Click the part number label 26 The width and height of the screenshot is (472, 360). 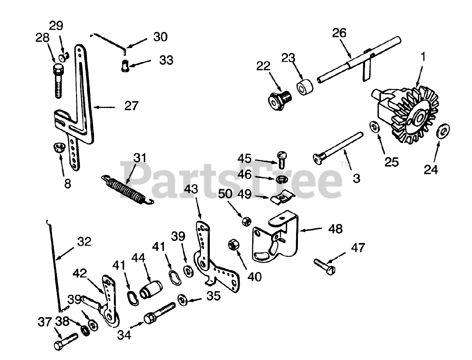tap(339, 33)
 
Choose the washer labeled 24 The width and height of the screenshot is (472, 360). tap(441, 132)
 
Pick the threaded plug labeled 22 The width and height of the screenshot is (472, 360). tap(280, 99)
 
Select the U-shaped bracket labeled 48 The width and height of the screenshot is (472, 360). tap(275, 238)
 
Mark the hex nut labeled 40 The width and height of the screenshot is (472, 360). tap(233, 244)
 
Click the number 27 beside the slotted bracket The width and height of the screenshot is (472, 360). tap(131, 106)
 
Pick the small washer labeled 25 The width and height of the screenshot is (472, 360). tap(375, 127)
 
